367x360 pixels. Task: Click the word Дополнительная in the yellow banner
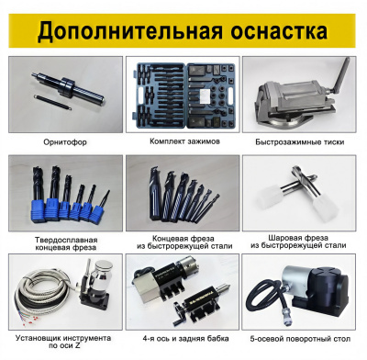point(129,30)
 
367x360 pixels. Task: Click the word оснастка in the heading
point(279,30)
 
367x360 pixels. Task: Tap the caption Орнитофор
point(65,142)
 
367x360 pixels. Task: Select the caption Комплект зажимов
point(184,141)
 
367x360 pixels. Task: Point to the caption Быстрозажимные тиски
point(300,142)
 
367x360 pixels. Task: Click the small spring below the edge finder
point(52,102)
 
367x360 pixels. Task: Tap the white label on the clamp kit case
point(206,96)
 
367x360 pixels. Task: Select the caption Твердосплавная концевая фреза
point(66,243)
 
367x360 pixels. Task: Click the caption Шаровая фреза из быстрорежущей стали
point(298,242)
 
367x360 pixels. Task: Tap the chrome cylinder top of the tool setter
point(103,270)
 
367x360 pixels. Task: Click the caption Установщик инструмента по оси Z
point(63,342)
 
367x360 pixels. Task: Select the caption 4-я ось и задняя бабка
point(185,339)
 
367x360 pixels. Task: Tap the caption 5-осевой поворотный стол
point(300,339)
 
